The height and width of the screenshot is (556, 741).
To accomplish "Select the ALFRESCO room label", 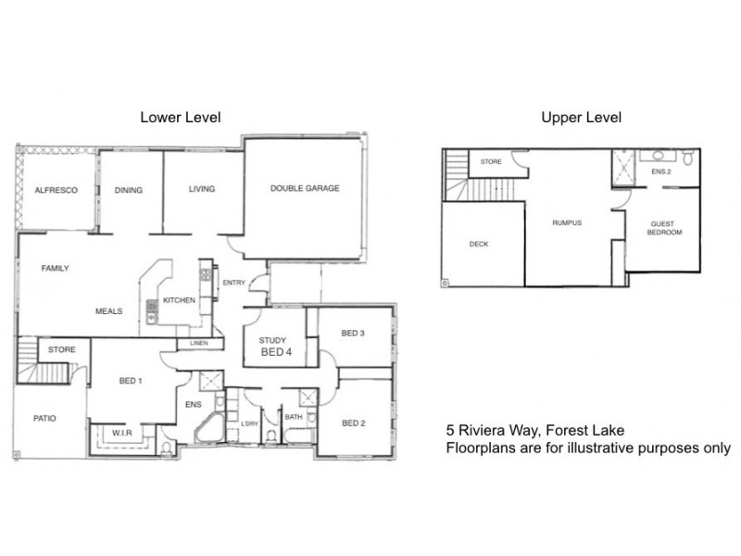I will click(56, 190).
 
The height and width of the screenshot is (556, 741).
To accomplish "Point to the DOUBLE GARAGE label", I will click(305, 188).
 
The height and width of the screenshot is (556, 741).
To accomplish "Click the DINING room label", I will click(129, 190).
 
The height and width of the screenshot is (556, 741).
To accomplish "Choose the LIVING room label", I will click(201, 189).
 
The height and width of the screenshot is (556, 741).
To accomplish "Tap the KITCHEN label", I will click(178, 301).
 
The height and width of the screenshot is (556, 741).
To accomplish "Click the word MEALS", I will click(109, 311).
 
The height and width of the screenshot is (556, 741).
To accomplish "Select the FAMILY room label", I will click(55, 269).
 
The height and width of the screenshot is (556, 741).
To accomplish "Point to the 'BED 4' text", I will click(276, 353).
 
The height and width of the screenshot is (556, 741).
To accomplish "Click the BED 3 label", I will click(353, 334).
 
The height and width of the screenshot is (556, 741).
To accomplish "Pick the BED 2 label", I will click(354, 423).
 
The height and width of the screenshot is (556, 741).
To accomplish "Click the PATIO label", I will click(44, 418).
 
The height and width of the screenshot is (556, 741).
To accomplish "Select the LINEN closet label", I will click(198, 345).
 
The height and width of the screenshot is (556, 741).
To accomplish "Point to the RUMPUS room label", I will click(567, 222).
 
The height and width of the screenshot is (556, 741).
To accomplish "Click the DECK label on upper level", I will click(479, 245).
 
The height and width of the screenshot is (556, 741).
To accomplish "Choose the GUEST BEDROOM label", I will click(665, 228).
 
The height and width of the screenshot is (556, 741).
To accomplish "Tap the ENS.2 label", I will click(660, 172).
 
